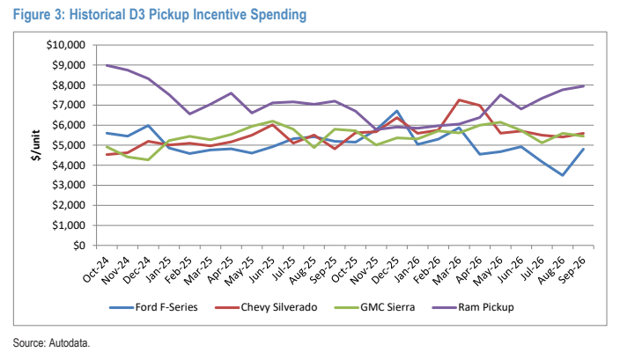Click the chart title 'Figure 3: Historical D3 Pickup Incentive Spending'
(x=159, y=15)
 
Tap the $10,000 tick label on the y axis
(x=66, y=45)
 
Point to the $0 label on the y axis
(x=79, y=246)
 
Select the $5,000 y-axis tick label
(x=69, y=145)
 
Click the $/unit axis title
(x=36, y=145)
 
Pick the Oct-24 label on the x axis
(x=96, y=270)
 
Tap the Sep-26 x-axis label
(x=572, y=270)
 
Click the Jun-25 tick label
(x=262, y=270)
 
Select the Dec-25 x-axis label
(x=386, y=270)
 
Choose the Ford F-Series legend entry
(x=153, y=307)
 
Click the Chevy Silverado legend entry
(x=266, y=307)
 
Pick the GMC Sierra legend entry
(x=374, y=307)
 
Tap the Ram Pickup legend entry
(x=473, y=307)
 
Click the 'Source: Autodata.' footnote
(x=51, y=342)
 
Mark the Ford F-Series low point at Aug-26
(x=563, y=175)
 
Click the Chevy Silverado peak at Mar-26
(x=459, y=99)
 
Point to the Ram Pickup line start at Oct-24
(x=107, y=65)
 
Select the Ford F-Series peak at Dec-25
(x=397, y=111)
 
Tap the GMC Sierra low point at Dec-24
(x=148, y=159)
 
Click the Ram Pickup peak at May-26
(x=500, y=95)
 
